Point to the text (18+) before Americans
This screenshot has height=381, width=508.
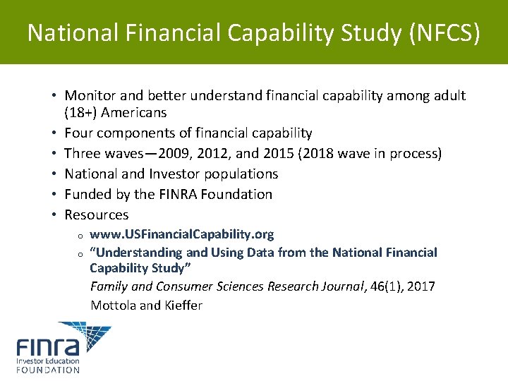(81, 113)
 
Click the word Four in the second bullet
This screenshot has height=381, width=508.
(78, 133)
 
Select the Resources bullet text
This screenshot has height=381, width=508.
(97, 215)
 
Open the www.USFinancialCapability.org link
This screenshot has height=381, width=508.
(182, 234)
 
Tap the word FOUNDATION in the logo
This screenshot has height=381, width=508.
(48, 370)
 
